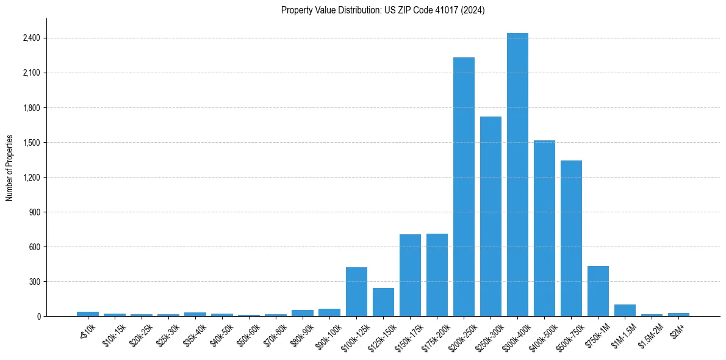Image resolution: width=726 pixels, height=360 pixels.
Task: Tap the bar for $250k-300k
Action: [491, 217]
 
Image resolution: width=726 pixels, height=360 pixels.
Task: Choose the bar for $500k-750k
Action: [571, 239]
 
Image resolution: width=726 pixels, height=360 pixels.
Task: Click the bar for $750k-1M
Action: [598, 291]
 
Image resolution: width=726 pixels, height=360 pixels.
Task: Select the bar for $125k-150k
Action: [383, 302]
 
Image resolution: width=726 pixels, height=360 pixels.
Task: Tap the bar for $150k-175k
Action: [410, 275]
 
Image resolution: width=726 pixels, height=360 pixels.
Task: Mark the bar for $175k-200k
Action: [437, 275]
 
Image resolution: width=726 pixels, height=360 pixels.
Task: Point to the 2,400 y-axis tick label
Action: [31, 38]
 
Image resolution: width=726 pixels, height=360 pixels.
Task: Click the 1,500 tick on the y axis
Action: [31, 143]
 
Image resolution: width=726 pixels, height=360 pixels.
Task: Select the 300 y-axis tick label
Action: [34, 282]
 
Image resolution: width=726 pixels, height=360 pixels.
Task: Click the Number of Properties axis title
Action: [9, 168]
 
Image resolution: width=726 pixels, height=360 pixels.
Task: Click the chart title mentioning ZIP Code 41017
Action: [383, 10]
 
